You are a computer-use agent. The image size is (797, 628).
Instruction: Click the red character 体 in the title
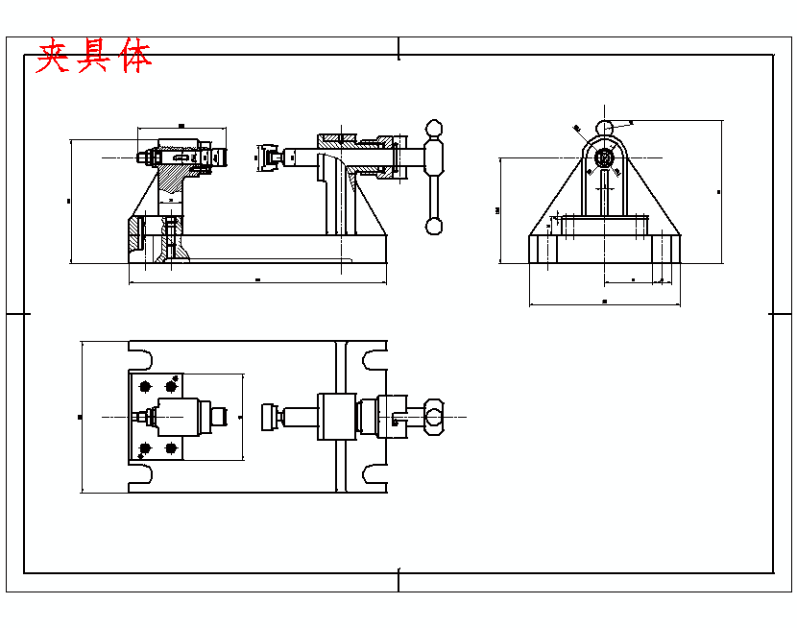tap(137, 58)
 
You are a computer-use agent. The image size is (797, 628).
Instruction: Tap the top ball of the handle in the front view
tap(435, 129)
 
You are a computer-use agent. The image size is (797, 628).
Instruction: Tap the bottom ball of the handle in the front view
tap(435, 227)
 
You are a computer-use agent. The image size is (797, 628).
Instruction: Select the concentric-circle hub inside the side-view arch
tap(604, 157)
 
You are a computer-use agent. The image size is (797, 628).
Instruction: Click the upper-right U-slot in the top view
tap(374, 358)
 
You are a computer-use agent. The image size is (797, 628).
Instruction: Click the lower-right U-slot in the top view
tap(374, 474)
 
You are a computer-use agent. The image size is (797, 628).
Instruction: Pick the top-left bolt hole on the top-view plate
tap(145, 386)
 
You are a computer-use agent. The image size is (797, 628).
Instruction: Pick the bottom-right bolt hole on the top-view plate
tap(172, 447)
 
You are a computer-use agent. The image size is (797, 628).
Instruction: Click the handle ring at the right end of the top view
tap(434, 417)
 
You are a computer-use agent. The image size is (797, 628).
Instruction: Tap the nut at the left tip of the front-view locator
tap(142, 157)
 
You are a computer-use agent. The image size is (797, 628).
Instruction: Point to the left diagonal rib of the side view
tap(557, 197)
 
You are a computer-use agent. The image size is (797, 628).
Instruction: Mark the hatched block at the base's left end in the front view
tap(133, 232)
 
